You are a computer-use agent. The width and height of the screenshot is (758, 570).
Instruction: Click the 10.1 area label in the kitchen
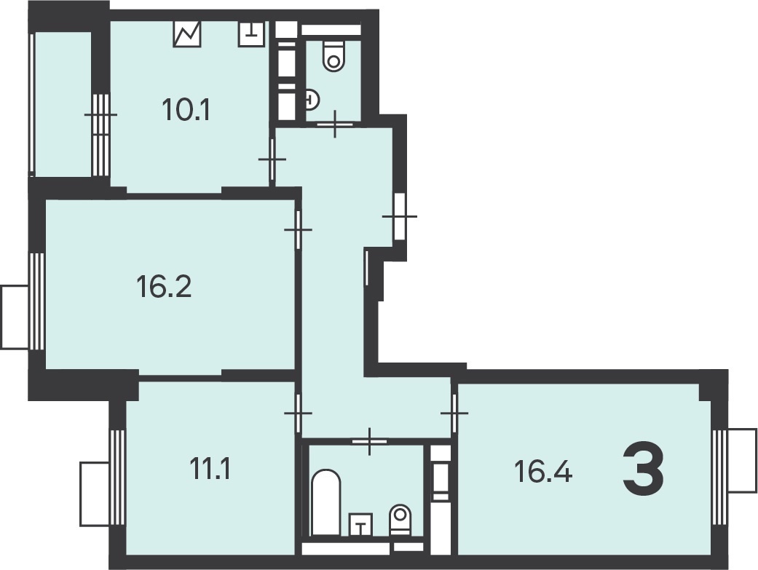coord(186,110)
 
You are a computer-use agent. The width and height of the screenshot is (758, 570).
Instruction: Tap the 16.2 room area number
coord(164,286)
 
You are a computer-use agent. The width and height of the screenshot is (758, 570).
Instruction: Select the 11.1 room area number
coord(210,469)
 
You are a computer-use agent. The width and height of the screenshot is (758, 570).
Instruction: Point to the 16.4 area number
coord(543,472)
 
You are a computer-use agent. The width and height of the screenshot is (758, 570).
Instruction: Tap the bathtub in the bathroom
coord(325,502)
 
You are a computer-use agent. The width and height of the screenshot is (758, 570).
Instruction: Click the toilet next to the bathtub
coord(400,520)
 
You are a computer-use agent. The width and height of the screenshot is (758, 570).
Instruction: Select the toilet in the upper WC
coord(333,56)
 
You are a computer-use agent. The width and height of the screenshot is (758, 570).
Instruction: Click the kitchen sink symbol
coord(251,33)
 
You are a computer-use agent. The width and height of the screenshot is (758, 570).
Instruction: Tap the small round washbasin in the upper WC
coord(312,100)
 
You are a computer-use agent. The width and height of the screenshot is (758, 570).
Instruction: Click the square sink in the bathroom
coord(360,525)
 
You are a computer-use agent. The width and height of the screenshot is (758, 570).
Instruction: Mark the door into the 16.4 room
coord(454,413)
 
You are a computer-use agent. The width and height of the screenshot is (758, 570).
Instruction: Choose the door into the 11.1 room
coord(298,413)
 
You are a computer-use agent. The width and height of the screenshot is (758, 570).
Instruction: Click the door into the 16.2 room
coord(298,229)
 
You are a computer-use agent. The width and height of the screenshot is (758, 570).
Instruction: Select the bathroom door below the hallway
coord(370,441)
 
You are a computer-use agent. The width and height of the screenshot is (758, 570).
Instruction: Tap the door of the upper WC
coord(335,124)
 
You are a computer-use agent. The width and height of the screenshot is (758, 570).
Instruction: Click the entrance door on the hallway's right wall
coord(399,216)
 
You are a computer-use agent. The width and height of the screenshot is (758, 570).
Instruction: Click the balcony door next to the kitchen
coord(100,114)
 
